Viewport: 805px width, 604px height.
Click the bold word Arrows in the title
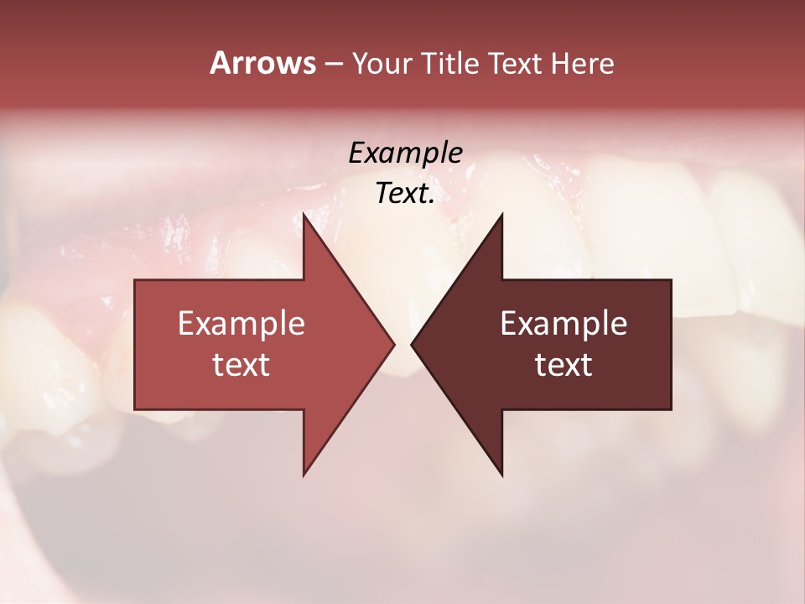(262, 63)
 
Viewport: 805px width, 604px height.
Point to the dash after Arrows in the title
(333, 65)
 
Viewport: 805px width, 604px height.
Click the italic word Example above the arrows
(405, 153)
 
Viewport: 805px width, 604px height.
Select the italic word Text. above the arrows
(402, 194)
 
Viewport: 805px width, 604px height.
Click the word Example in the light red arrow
(241, 324)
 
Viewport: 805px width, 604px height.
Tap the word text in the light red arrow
(241, 365)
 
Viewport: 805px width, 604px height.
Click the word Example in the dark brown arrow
(563, 324)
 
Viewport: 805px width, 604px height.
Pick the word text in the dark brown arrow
(563, 365)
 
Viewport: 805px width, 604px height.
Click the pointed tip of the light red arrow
(391, 344)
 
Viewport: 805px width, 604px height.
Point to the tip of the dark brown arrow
(415, 344)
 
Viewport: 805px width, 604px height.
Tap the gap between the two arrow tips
(402, 344)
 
